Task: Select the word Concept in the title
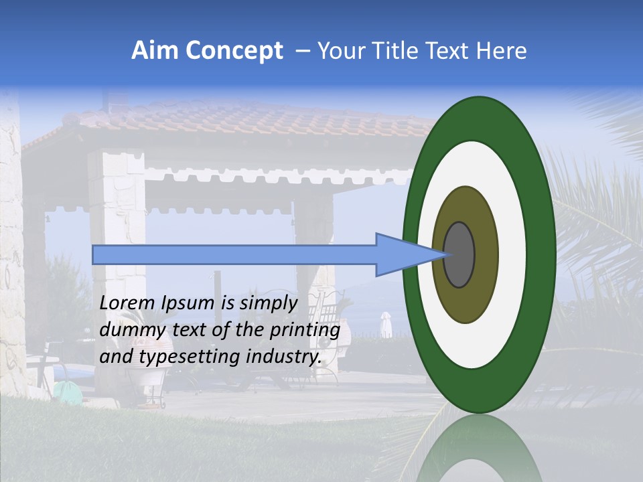[233, 51]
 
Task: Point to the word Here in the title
[501, 51]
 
